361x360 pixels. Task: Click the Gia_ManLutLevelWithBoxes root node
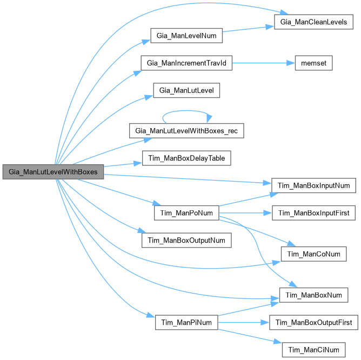point(52,172)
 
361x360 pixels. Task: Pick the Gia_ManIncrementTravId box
point(186,63)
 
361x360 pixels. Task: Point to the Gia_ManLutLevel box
point(187,90)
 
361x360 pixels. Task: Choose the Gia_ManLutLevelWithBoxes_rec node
point(187,130)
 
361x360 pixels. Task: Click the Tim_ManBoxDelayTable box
point(187,158)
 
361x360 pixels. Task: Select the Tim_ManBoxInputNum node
point(314,185)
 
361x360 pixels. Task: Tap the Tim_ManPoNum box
point(186,213)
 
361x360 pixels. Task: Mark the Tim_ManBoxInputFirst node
point(314,213)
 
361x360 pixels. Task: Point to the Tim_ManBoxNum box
point(313,295)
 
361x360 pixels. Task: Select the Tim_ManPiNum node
point(186,323)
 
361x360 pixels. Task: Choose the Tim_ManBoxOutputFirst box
point(314,323)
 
